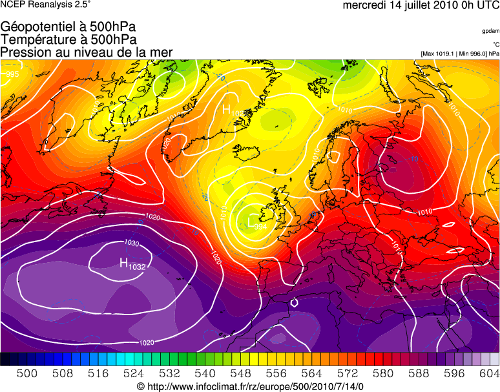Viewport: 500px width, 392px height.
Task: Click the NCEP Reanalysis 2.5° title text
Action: [46, 5]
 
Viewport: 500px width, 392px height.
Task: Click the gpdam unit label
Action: [490, 31]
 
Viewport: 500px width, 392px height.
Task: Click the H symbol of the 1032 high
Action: [123, 262]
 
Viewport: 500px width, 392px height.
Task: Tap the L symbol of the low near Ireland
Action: [251, 222]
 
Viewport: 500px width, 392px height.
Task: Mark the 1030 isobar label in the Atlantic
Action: [132, 243]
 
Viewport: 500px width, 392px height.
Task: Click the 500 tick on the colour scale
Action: [26, 373]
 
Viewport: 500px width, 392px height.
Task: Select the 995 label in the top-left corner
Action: [12, 75]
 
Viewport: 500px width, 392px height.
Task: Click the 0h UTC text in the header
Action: [474, 6]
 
